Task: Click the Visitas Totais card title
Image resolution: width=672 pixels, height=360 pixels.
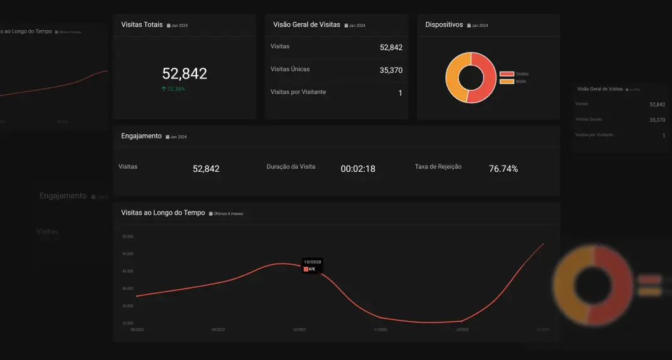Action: (142, 24)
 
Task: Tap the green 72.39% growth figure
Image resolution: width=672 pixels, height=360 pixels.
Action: (173, 89)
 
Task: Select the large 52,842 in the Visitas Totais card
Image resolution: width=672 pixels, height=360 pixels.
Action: (184, 73)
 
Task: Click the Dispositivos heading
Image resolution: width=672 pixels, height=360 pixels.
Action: (444, 24)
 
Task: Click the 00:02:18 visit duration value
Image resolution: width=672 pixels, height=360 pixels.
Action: (357, 169)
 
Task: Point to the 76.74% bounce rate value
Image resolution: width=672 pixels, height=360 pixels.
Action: (503, 169)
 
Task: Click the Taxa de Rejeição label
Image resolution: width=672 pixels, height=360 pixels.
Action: (438, 167)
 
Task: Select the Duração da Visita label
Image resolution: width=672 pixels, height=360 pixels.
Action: (291, 167)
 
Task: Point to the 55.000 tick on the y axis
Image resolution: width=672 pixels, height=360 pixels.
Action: (127, 236)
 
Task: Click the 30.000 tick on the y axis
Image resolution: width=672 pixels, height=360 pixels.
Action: (127, 323)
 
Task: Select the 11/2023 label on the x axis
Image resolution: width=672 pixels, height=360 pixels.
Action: (381, 329)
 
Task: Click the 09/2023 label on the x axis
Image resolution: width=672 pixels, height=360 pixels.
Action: (218, 329)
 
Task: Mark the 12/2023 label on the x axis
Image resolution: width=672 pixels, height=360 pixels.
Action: (461, 329)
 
